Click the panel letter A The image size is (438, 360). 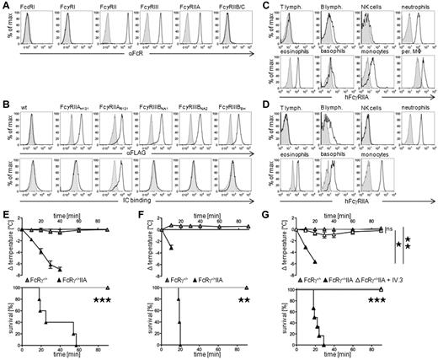pos(5,6)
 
